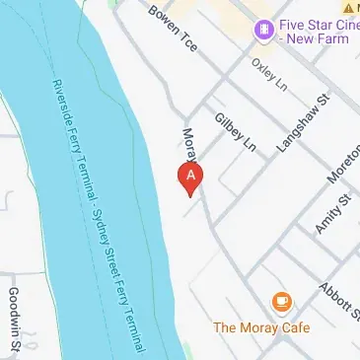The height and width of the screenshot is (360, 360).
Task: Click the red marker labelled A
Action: tap(189, 177)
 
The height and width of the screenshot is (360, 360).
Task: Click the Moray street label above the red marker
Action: tap(188, 144)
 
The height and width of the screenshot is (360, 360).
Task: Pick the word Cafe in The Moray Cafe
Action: tap(293, 327)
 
